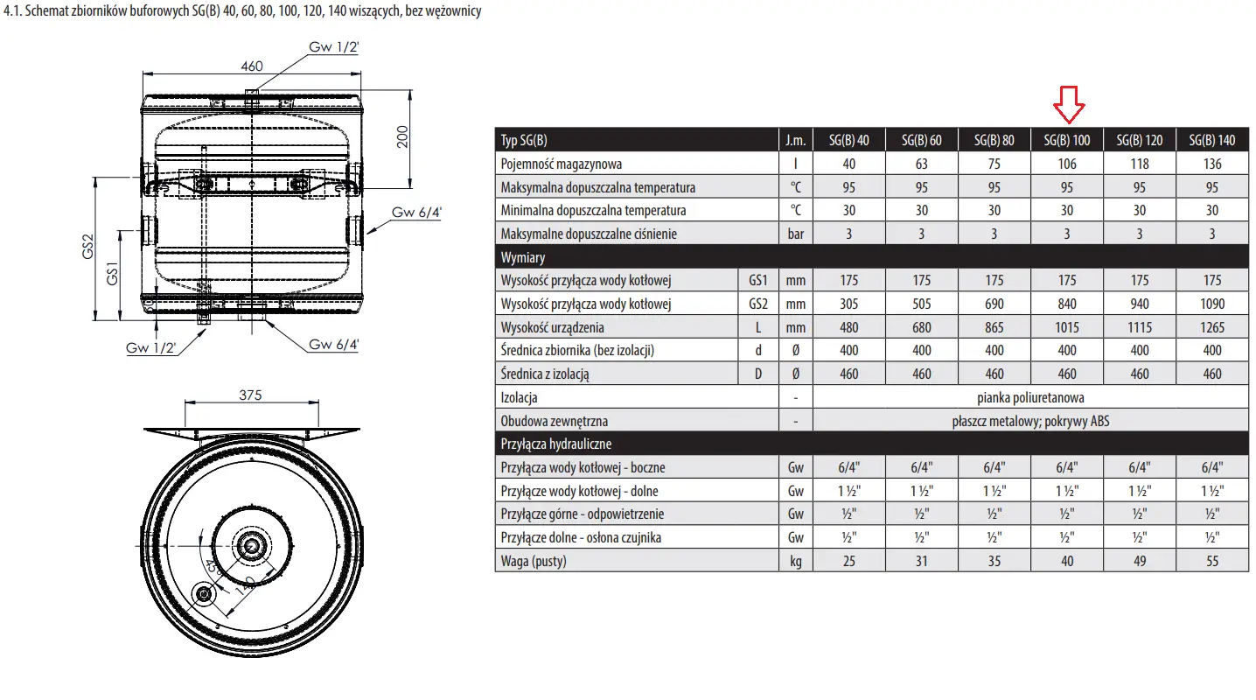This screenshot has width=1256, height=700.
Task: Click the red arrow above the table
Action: (x=1069, y=105)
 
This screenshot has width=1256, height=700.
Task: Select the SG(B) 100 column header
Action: (x=1066, y=140)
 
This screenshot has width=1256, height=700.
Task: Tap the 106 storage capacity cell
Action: (x=1066, y=164)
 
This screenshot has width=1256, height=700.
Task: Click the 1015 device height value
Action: (x=1066, y=327)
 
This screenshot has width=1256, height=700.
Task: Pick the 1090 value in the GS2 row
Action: (x=1211, y=304)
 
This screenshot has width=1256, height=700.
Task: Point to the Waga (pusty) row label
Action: (x=534, y=561)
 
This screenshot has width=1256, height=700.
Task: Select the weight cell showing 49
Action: (x=1140, y=561)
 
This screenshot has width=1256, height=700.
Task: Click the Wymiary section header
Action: (x=522, y=257)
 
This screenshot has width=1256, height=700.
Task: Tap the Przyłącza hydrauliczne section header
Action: (x=555, y=444)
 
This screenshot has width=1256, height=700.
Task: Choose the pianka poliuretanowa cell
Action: (x=1030, y=397)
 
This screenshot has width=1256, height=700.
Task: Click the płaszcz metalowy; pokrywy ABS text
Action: (x=1030, y=421)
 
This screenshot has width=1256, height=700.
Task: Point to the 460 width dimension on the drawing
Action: (x=252, y=66)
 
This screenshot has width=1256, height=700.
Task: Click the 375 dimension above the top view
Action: (x=250, y=395)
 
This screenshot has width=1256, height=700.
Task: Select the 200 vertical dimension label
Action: (x=402, y=136)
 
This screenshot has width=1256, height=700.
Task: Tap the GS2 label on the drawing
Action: (x=87, y=247)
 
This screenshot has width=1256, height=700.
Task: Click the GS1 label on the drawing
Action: (x=112, y=273)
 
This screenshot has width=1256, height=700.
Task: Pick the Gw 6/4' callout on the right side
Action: (x=416, y=212)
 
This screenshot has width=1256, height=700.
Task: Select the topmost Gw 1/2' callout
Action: (x=333, y=47)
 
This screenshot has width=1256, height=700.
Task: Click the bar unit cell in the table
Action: (x=795, y=234)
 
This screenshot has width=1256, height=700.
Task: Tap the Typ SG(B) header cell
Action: (x=524, y=140)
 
